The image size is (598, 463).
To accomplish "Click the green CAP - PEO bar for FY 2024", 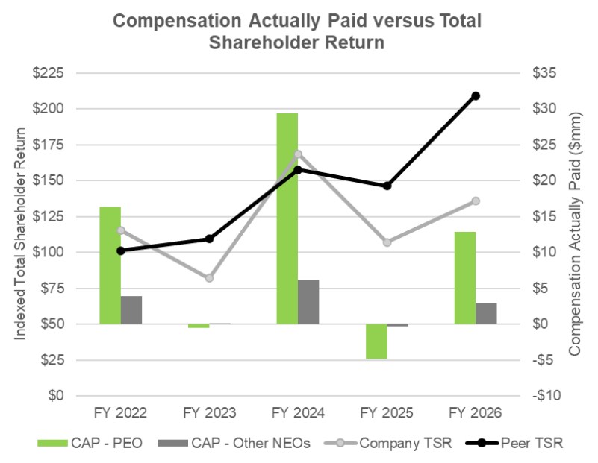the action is coord(287,218).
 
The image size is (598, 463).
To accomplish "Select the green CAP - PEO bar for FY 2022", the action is coord(110,265).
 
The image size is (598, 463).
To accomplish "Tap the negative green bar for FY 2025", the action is coord(376,341).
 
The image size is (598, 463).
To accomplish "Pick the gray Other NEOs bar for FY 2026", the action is coord(486,313).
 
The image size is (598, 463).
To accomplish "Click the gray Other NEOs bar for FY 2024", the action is coord(308,302).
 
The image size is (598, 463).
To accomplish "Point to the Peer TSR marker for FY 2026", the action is coord(476,96).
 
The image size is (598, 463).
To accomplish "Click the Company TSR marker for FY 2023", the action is coord(209,278).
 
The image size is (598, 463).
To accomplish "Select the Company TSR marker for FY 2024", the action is coord(298,154).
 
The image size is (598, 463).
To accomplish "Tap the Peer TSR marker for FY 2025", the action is coord(387,186).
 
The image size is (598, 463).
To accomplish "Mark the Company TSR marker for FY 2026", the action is coord(476,201).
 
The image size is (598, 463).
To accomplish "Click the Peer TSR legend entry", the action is coord(514,443).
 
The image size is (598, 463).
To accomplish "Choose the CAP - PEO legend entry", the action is coord(90,443).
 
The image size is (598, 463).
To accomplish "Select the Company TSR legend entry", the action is coord(388,443).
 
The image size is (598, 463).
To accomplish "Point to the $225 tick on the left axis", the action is coord(48,73).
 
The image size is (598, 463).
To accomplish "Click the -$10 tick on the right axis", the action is coord(546,396).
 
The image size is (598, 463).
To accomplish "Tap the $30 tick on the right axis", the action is coord(544,109).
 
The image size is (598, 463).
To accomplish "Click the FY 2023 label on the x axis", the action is coord(209,413).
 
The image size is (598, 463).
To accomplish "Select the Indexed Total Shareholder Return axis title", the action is coord(19,234).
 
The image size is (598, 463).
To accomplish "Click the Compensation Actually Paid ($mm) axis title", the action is coord(575,234).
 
